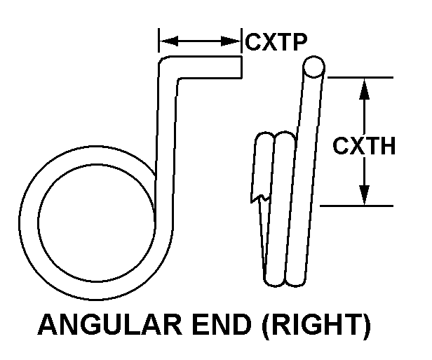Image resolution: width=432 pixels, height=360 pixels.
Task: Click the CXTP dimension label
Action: (276, 43)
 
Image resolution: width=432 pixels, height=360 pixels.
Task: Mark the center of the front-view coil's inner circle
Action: (95, 224)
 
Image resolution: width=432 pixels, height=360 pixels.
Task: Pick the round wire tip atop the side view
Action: (313, 67)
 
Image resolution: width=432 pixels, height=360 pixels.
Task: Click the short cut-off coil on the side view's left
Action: (264, 204)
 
